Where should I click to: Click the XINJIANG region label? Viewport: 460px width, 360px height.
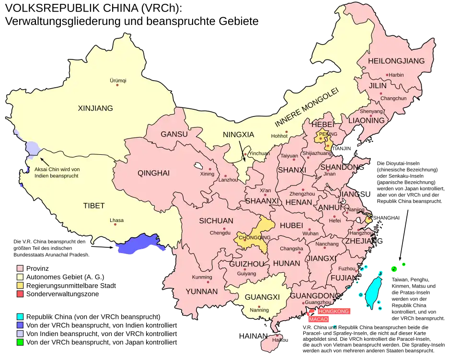(95, 108)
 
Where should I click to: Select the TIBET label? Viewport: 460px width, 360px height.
(94, 206)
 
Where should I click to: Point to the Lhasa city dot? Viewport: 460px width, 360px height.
(116, 226)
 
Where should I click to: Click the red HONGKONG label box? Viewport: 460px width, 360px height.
(334, 311)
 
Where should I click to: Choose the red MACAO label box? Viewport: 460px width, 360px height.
(319, 319)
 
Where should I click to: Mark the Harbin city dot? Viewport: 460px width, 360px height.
(387, 75)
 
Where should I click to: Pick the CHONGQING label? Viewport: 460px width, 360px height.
(254, 237)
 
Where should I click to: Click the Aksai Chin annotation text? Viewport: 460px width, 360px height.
(57, 172)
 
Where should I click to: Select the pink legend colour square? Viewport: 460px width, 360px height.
(20, 268)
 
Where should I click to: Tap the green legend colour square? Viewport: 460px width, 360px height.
(20, 342)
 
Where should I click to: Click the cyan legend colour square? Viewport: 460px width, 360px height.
(20, 317)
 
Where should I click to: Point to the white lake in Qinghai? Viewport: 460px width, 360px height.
(197, 167)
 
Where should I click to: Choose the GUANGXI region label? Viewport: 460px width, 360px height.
(262, 297)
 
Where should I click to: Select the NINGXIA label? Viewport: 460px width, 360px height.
(238, 135)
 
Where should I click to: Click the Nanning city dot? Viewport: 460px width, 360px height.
(259, 307)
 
